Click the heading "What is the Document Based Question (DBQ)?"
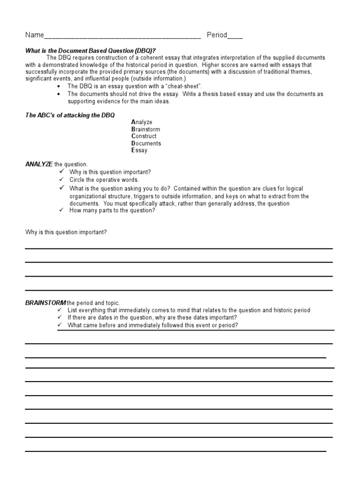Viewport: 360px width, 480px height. point(90,51)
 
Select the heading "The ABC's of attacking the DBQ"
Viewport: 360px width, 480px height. point(70,115)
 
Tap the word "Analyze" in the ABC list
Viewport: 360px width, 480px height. point(142,122)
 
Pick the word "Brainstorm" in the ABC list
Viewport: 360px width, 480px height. point(145,129)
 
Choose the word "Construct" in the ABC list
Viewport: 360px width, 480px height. point(144,136)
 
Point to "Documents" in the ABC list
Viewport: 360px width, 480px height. point(146,143)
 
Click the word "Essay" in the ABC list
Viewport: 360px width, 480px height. point(139,150)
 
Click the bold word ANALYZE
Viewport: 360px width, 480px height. point(38,164)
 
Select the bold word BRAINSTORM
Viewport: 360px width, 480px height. point(45,303)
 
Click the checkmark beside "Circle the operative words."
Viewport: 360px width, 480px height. point(61,180)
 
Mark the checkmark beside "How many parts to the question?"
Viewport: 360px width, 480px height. point(61,210)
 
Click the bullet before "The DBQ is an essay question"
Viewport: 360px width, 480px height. point(58,87)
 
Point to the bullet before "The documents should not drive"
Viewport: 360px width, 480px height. point(58,94)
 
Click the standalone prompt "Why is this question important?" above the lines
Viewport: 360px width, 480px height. point(66,232)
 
